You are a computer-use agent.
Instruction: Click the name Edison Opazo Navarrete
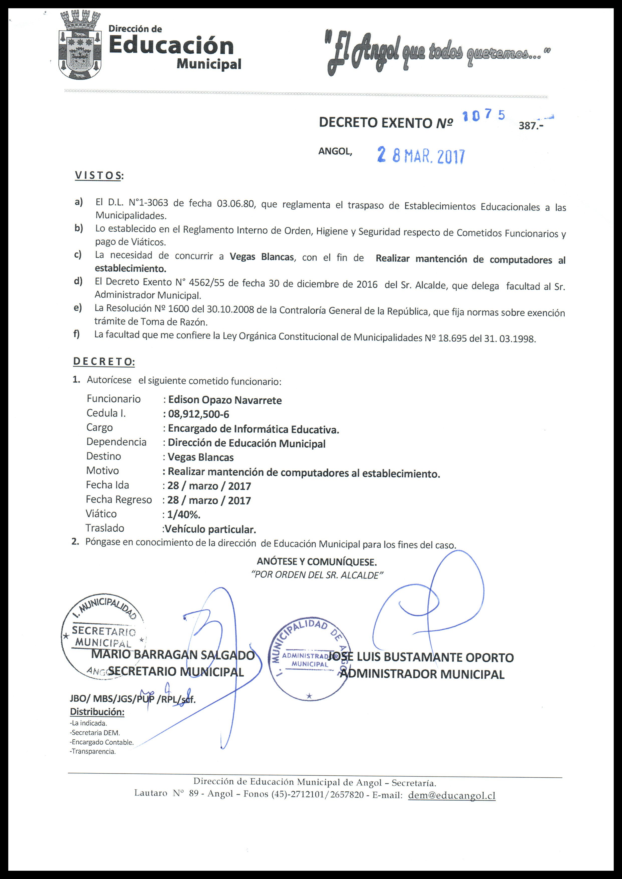(225, 400)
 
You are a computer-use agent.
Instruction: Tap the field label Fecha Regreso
(119, 500)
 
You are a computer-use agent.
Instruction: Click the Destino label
(103, 456)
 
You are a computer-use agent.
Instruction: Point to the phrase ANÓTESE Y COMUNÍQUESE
(317, 562)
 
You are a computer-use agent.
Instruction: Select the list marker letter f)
(77, 334)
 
